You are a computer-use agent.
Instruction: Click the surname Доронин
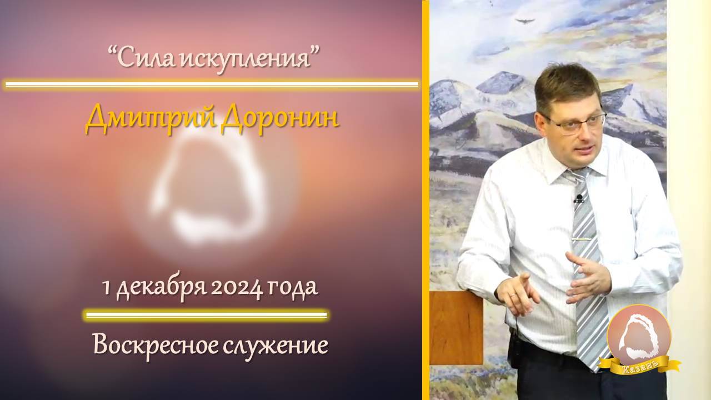(279, 119)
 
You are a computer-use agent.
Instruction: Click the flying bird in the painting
(525, 22)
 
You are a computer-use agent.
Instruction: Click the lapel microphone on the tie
(579, 198)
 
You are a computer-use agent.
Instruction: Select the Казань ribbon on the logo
(644, 366)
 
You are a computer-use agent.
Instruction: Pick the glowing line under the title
(211, 85)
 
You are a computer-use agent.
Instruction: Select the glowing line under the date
(206, 316)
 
